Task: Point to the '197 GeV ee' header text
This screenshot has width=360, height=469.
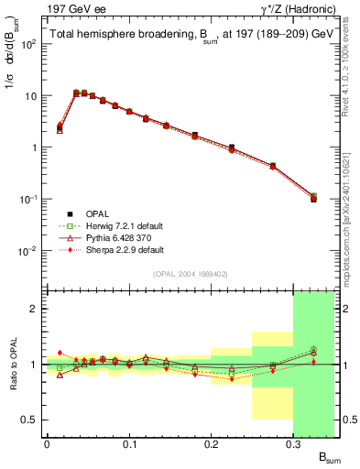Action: click(x=69, y=9)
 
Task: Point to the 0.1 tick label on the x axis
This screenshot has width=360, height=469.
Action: click(x=129, y=444)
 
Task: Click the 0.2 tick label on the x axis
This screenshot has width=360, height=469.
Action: click(x=212, y=444)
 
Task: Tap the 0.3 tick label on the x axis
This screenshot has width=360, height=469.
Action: click(x=294, y=444)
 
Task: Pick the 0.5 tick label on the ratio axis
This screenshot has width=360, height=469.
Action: click(x=28, y=420)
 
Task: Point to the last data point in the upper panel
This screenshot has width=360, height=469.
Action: click(x=313, y=198)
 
